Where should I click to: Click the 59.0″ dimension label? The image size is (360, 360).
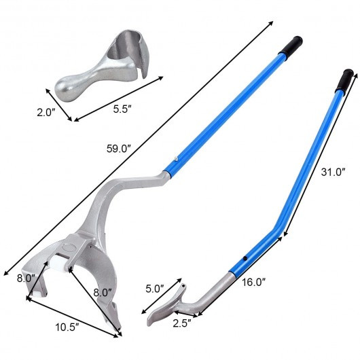coord(118,149)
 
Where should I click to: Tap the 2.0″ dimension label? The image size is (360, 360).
coord(46,113)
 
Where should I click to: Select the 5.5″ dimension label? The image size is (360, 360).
coord(122,109)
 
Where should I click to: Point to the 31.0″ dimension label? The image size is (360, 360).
coord(333,172)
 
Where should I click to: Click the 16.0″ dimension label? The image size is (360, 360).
coord(253,282)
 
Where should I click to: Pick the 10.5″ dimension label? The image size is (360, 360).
coord(67,327)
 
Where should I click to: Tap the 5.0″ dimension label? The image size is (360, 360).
coord(155,289)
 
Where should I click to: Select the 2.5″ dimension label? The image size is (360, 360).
coord(182,323)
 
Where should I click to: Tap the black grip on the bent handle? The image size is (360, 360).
coord(345,80)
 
